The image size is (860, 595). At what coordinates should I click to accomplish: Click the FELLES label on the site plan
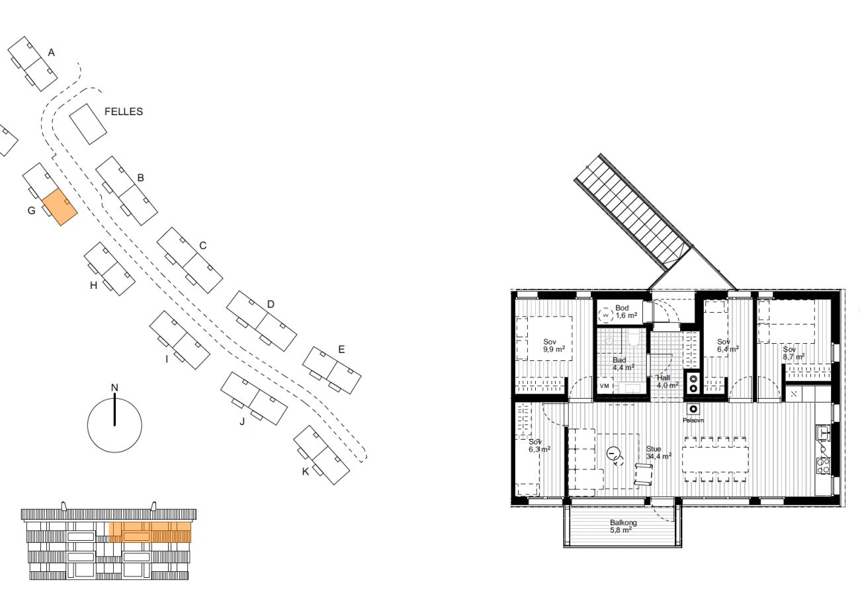pos(124,112)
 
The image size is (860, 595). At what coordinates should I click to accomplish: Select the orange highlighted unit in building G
pos(60,207)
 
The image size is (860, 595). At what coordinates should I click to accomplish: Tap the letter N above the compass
pos(114,387)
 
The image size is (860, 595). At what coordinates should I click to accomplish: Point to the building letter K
pos(305,471)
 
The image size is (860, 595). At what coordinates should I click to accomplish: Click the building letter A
pos(51,52)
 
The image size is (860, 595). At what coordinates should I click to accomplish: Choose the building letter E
pos(341,350)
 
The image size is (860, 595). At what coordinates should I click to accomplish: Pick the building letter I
pos(167,359)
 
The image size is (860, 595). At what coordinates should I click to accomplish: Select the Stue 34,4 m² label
pos(658,453)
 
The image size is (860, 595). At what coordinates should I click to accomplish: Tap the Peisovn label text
pos(693,420)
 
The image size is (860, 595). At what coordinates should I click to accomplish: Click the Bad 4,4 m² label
pos(623,364)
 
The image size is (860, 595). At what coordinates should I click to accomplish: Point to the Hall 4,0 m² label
pos(667,381)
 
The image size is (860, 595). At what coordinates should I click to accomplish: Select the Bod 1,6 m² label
pos(626,311)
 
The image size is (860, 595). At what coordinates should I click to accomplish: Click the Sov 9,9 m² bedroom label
pos(554,346)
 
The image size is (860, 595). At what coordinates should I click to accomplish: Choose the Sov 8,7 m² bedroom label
pos(794,353)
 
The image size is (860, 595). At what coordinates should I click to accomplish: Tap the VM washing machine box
pos(604,386)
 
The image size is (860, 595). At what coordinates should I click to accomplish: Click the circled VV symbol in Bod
pos(605,315)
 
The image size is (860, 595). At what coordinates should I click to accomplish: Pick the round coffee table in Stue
pos(613,454)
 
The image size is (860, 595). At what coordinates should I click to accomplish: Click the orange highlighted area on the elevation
pos(150,532)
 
